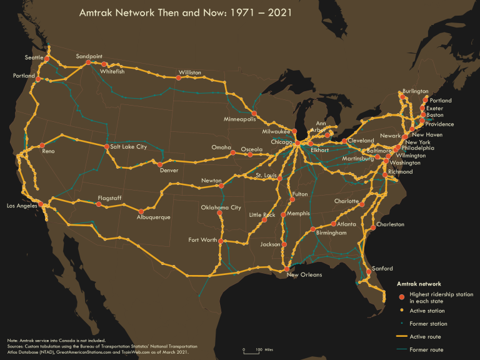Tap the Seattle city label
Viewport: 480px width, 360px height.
click(x=34, y=57)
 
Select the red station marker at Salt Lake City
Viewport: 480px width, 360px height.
click(x=106, y=147)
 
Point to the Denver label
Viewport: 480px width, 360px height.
click(x=169, y=171)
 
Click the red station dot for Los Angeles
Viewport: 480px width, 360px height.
click(x=41, y=204)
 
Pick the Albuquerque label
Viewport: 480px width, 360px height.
click(x=153, y=217)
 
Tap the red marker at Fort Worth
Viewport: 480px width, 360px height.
click(x=221, y=241)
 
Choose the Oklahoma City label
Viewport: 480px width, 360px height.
click(x=221, y=207)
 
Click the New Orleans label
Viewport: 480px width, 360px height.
click(x=304, y=275)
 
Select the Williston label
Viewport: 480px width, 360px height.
click(x=189, y=73)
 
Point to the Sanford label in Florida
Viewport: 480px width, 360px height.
click(x=382, y=269)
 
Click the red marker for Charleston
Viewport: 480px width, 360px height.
click(x=374, y=224)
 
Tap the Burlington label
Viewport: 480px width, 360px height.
click(x=416, y=91)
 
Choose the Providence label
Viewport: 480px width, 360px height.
click(x=439, y=124)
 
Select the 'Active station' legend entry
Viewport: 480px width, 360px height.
click(x=427, y=311)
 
